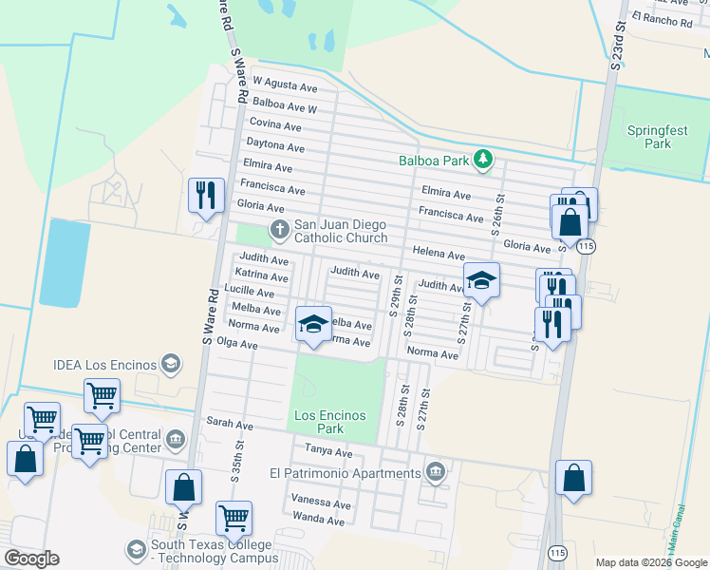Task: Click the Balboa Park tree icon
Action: tap(484, 160)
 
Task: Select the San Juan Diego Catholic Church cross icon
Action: tap(280, 228)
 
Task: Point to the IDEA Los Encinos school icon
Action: tap(171, 363)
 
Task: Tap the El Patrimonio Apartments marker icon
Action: tap(435, 471)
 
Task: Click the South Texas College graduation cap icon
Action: tap(137, 550)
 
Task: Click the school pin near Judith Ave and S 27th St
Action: tap(482, 279)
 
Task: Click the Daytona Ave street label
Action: tap(275, 146)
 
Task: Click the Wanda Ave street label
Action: tap(318, 520)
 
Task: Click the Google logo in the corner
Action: tap(31, 559)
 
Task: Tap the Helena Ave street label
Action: tap(438, 255)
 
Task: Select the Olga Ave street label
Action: tap(237, 344)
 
